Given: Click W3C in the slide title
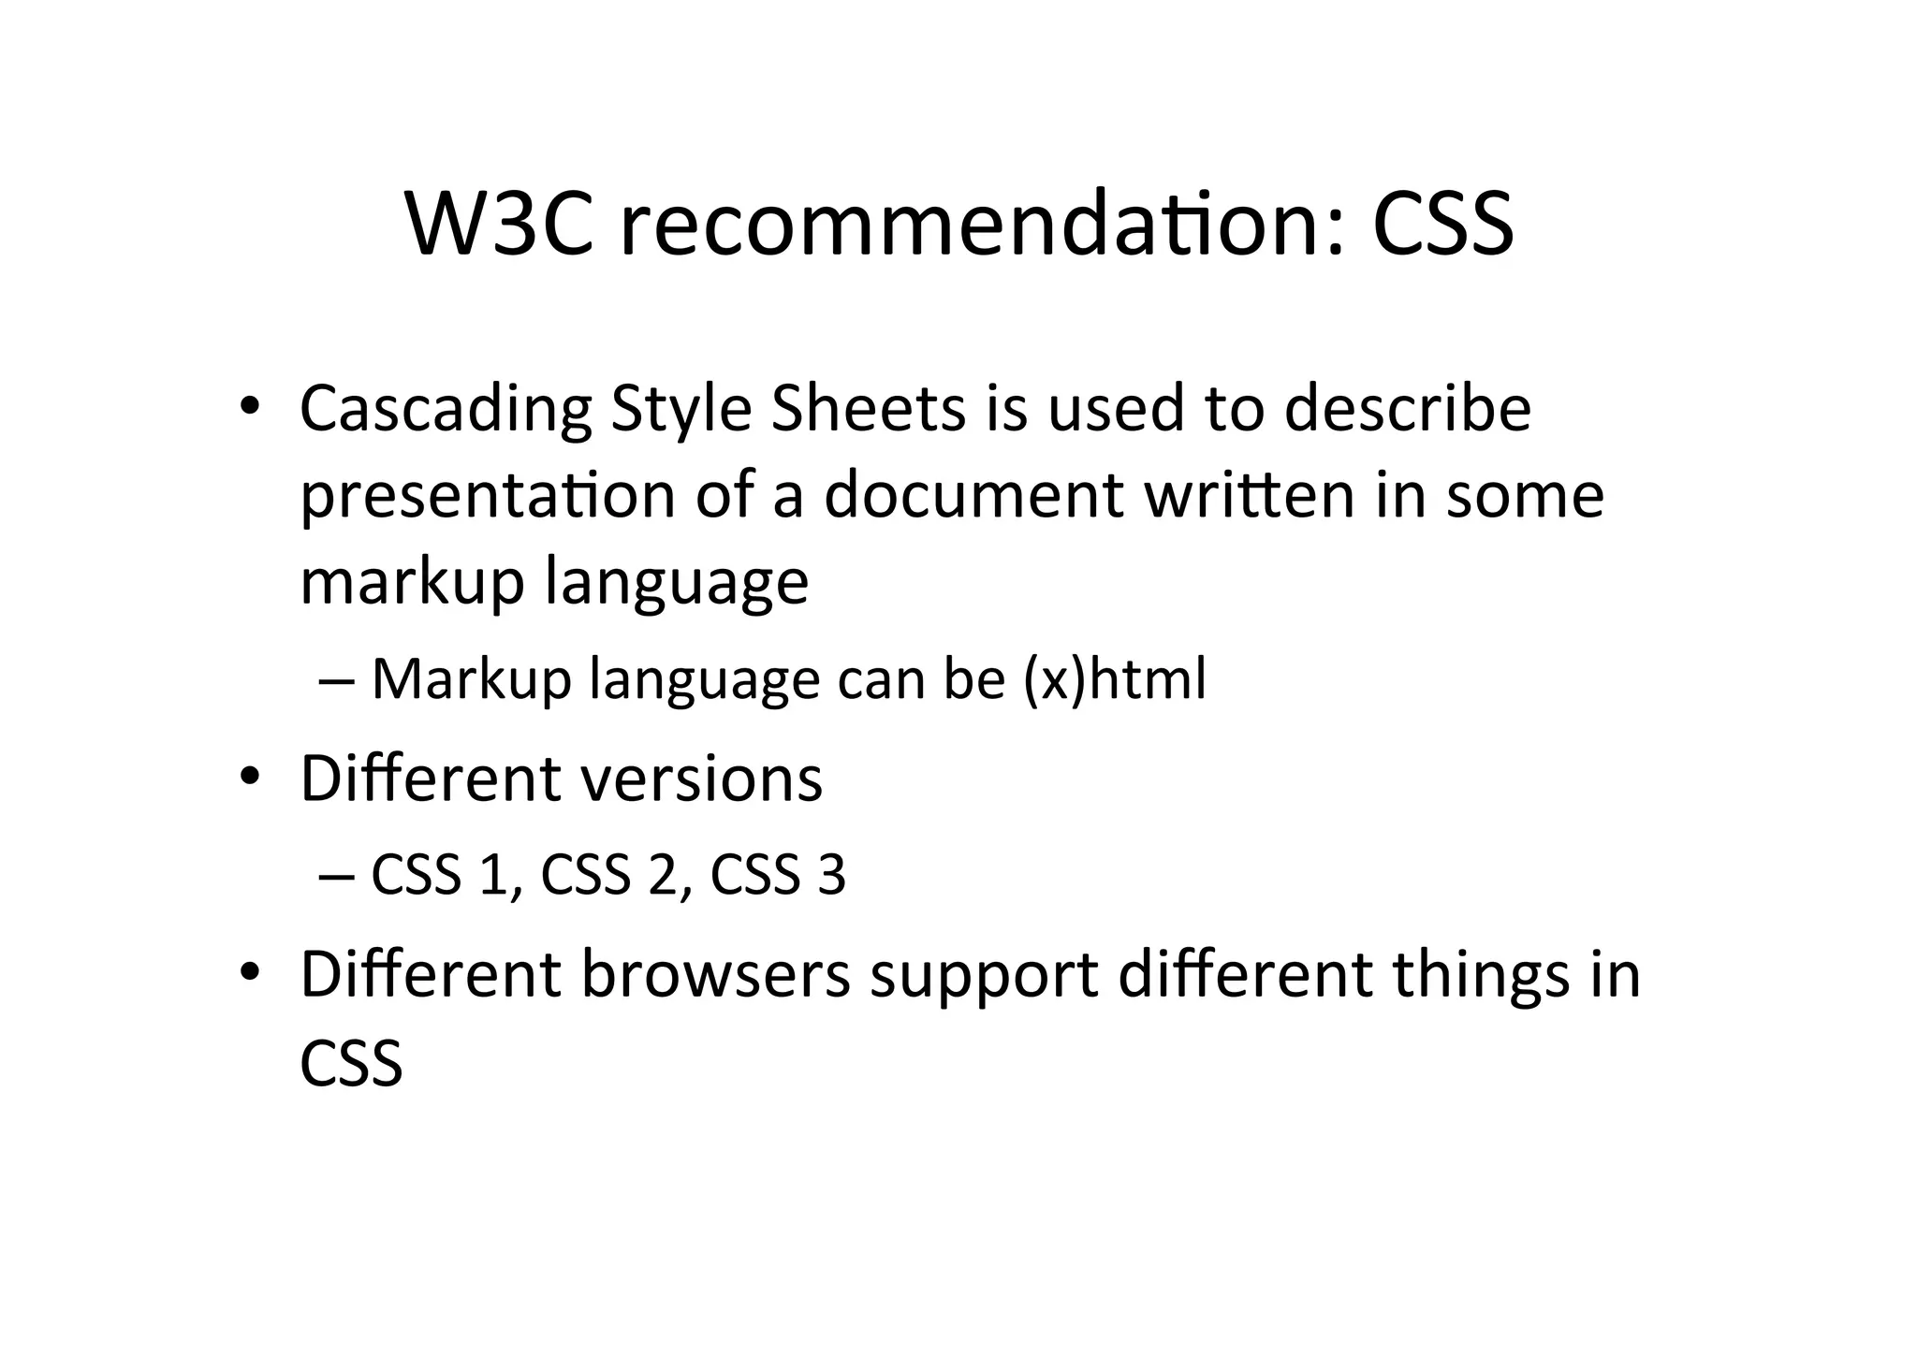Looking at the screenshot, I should pyautogui.click(x=499, y=225).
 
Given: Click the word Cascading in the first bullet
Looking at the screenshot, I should pyautogui.click(x=446, y=410).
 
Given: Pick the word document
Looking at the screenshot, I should pyautogui.click(x=973, y=494).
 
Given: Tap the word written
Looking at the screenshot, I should pyautogui.click(x=1250, y=494).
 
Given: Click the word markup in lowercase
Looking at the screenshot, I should pyautogui.click(x=413, y=582).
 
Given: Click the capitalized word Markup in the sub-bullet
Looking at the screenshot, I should pyautogui.click(x=471, y=680).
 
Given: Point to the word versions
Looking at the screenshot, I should pyautogui.click(x=701, y=778).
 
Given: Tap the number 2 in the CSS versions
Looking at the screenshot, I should pyautogui.click(x=662, y=876).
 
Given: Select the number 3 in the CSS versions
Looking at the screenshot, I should pyautogui.click(x=831, y=876).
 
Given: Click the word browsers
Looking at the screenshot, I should pyautogui.click(x=716, y=974).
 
